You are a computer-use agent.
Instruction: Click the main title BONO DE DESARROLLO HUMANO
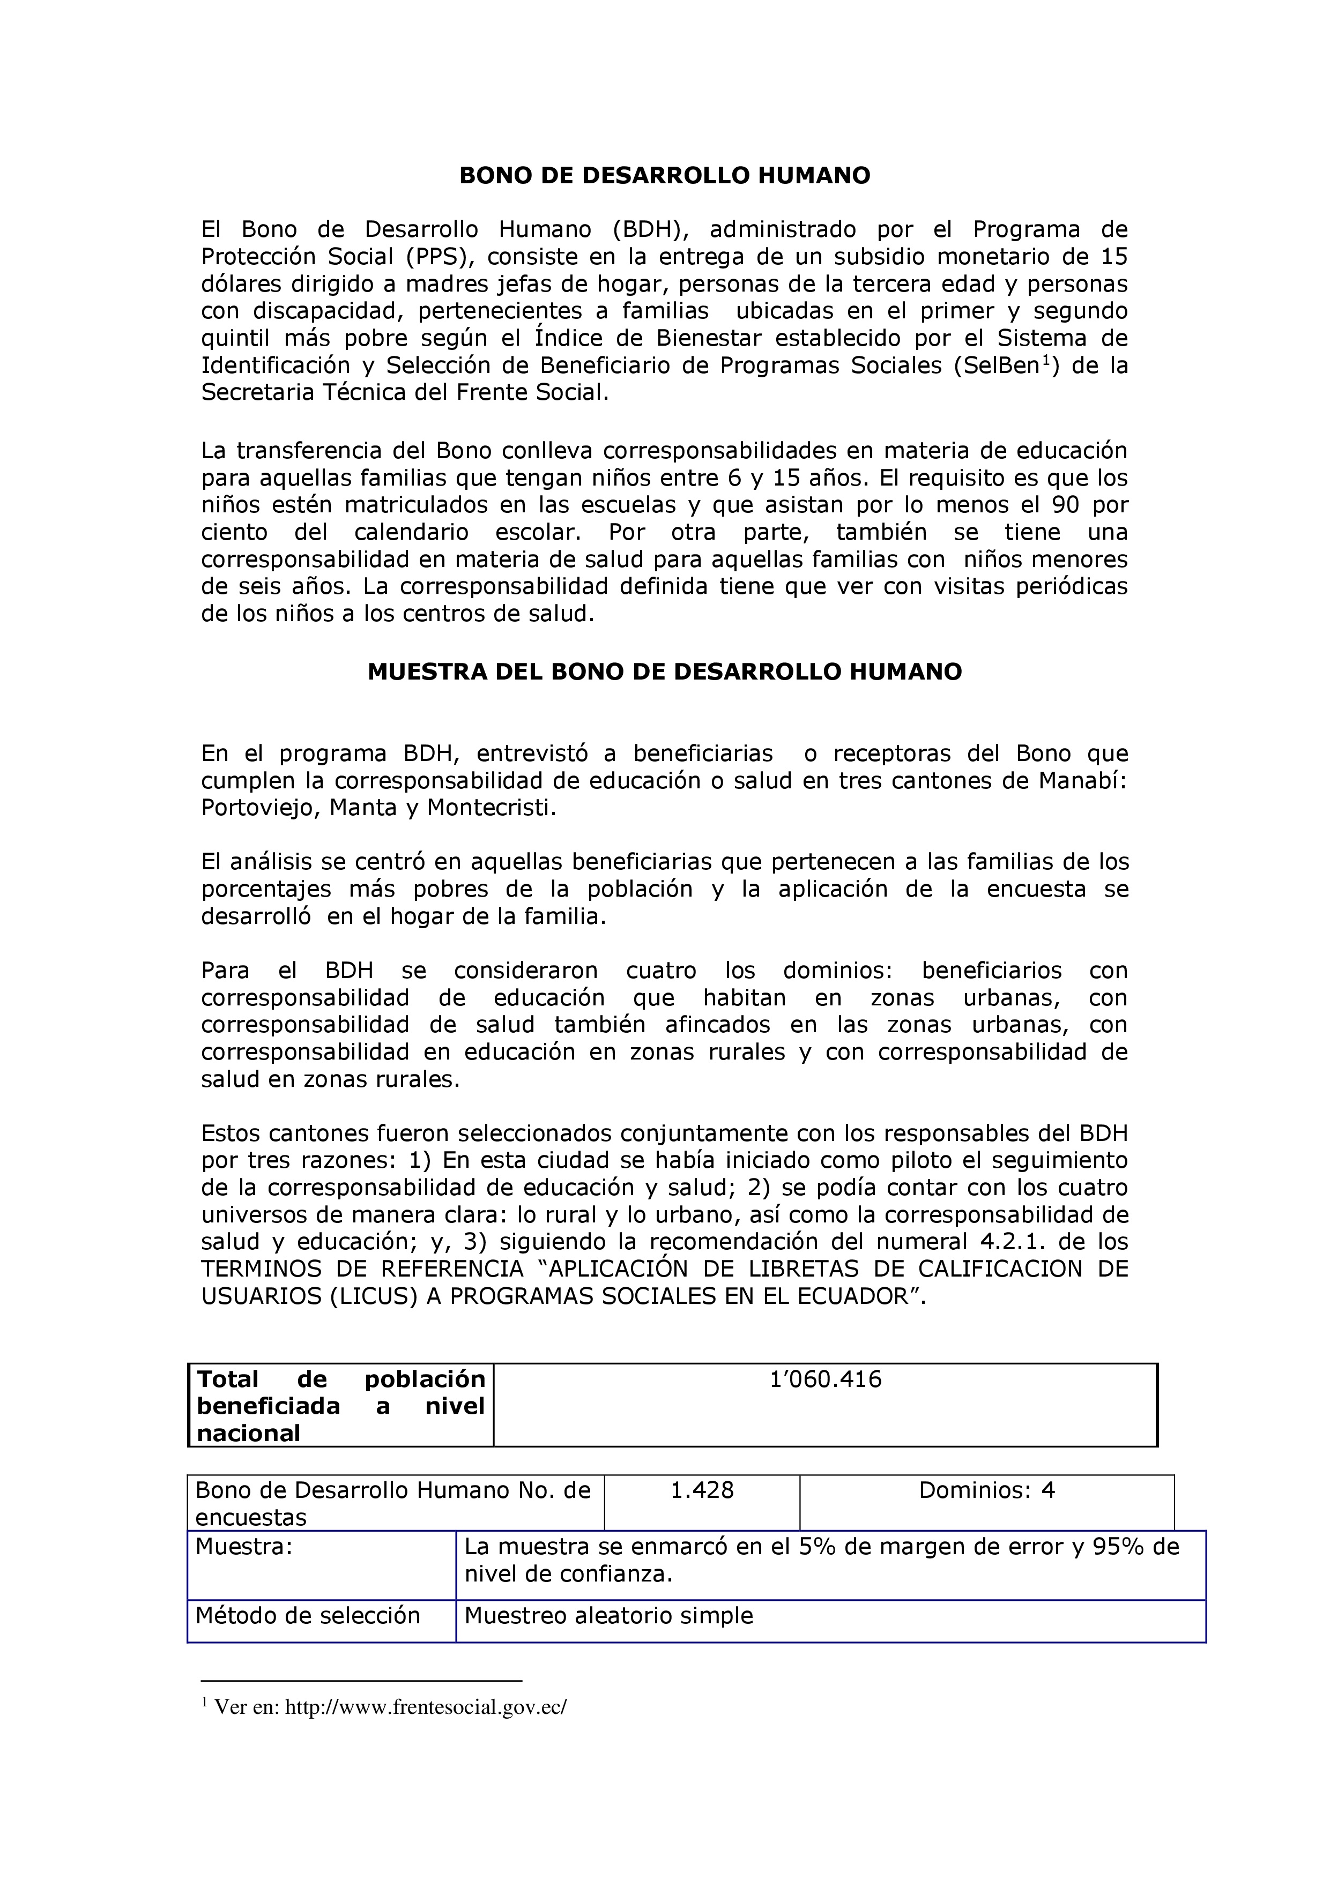[x=664, y=175]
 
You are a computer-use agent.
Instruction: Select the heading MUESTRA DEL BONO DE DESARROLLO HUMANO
[x=664, y=672]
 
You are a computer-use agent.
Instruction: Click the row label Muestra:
[x=244, y=1547]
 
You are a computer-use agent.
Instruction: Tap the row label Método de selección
[x=308, y=1615]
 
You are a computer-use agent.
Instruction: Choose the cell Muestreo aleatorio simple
[x=608, y=1615]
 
